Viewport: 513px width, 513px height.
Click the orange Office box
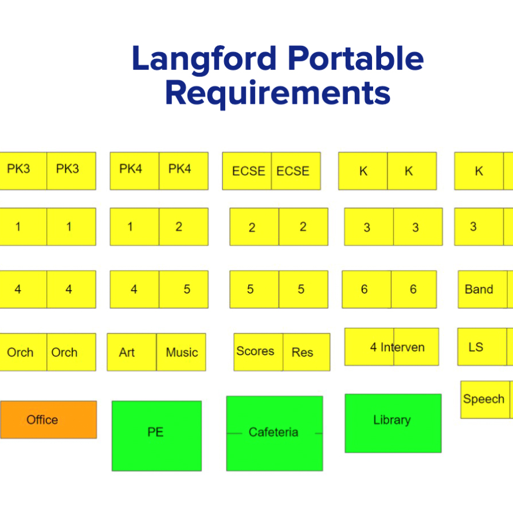48,420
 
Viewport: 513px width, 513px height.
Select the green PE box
156,436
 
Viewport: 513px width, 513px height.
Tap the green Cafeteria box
274,433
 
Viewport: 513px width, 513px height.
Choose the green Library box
393,422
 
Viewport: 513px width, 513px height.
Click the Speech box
485,400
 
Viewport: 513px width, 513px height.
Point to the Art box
132,352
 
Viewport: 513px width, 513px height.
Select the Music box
181,352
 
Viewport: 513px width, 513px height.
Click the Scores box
258,351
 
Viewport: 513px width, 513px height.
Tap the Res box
306,352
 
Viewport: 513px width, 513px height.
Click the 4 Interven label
397,347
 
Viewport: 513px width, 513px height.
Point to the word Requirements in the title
277,93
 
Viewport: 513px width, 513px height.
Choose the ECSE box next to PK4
247,171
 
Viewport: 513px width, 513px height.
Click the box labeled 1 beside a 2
134,227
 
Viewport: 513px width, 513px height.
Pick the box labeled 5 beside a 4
183,289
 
